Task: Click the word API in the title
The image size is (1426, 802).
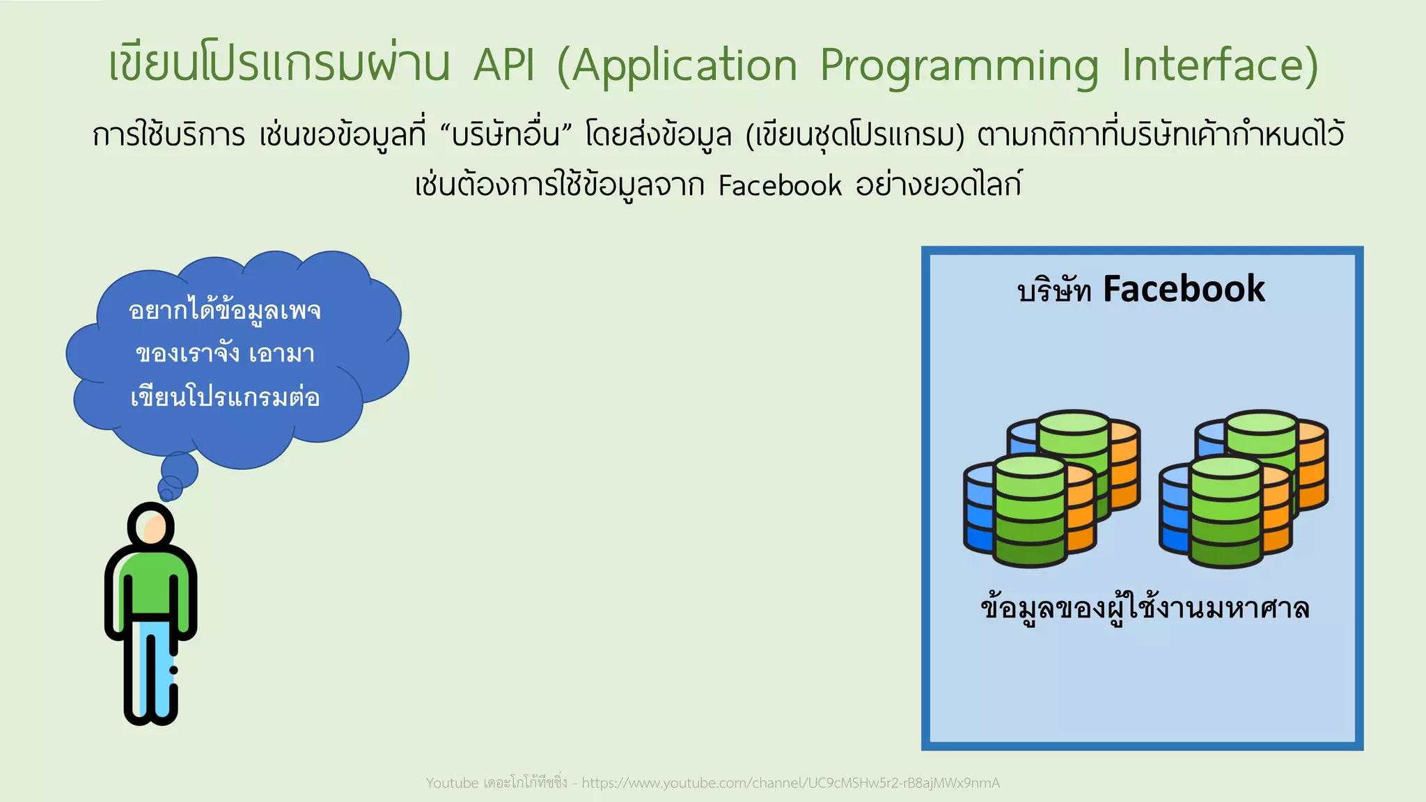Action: point(504,66)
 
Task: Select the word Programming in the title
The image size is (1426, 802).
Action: point(959,66)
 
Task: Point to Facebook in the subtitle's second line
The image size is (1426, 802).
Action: point(780,186)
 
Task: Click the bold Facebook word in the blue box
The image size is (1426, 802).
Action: point(1184,289)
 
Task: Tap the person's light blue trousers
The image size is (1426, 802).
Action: point(155,668)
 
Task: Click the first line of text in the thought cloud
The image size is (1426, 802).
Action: point(224,310)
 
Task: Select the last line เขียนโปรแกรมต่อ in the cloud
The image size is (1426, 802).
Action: point(224,398)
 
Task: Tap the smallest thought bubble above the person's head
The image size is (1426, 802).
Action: point(166,495)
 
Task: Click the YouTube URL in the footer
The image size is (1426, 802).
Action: point(790,783)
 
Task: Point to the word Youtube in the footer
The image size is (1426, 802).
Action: point(452,783)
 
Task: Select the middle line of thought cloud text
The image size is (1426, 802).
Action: point(224,354)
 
